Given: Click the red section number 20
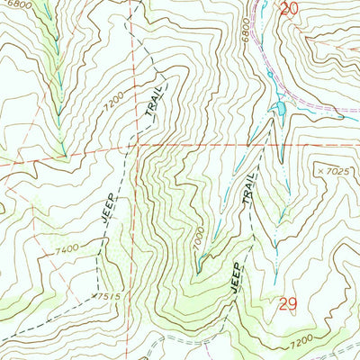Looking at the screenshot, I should click(288, 9).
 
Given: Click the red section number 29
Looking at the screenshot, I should click(287, 306).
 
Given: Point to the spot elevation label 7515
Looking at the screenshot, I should click(108, 294).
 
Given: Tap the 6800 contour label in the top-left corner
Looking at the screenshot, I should click(13, 4).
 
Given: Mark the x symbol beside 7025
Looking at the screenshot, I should click(320, 170).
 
